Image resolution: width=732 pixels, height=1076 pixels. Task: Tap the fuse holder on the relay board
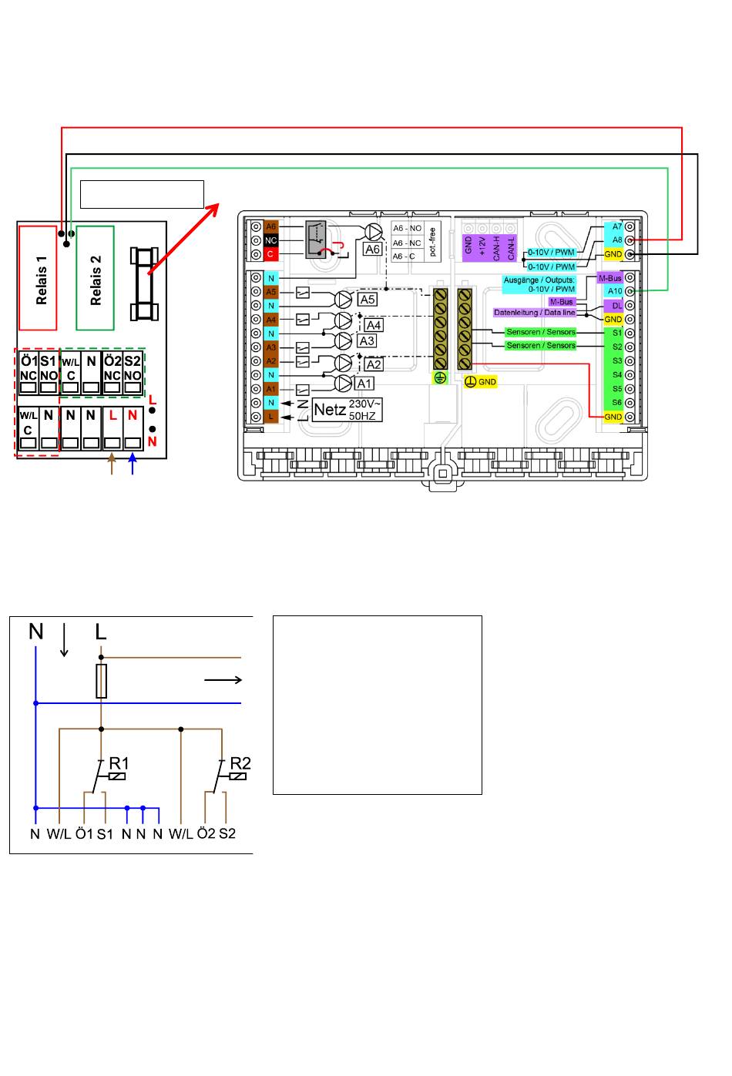point(144,284)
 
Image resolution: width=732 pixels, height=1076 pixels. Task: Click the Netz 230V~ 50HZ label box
point(347,410)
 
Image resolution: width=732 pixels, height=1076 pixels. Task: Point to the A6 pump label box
point(372,249)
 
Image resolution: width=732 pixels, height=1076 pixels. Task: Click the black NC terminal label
point(271,240)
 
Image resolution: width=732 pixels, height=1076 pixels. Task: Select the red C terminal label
point(271,254)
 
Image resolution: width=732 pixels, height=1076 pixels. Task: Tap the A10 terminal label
point(615,291)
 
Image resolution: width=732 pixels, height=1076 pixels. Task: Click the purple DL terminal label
point(615,306)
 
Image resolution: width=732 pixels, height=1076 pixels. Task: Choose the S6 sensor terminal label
point(616,403)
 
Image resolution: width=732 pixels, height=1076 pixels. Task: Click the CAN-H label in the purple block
point(496,248)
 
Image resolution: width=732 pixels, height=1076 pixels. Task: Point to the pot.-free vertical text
point(432,242)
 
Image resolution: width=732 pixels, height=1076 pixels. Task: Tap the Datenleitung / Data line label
point(535,313)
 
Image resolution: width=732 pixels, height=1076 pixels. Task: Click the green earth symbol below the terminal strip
point(440,378)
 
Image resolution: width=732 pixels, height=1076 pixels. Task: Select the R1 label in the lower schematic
point(119,763)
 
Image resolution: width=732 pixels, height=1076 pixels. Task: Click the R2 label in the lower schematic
point(240,763)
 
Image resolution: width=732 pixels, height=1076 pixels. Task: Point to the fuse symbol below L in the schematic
point(102,681)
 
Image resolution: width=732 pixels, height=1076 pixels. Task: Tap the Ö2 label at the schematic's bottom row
point(207,833)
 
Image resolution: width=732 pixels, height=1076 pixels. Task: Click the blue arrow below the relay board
point(133,464)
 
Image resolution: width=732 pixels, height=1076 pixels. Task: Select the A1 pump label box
point(364,384)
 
